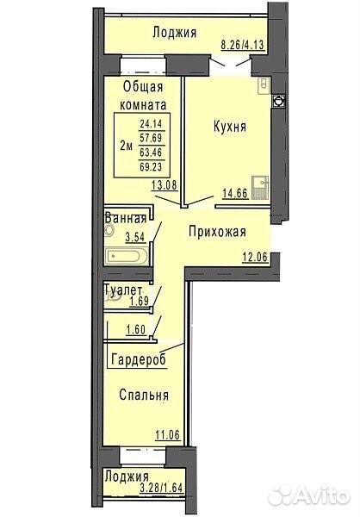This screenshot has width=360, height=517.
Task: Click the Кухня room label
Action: pos(230,127)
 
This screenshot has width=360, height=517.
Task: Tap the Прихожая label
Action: pos(218,232)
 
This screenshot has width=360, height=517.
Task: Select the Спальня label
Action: pos(144,395)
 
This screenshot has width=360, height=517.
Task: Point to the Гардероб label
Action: pos(139,359)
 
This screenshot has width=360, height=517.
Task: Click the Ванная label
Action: pos(125,219)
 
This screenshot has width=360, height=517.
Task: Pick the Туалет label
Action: pos(123,290)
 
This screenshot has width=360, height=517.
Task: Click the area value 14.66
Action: pos(235,193)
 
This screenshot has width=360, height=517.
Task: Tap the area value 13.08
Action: pos(164,185)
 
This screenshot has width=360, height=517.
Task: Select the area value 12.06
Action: pos(255,257)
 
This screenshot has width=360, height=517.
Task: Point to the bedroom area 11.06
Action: pos(167,435)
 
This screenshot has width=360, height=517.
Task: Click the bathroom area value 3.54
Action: pos(135,237)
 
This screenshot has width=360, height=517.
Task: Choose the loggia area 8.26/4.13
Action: pos(243,45)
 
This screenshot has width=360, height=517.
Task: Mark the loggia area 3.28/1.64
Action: pos(161,488)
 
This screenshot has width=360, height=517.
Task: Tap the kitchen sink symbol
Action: pos(260,188)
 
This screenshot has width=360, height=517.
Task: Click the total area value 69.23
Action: pos(151,167)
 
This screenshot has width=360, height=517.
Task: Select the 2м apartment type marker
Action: pos(127,146)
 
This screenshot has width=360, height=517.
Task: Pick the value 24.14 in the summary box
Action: pos(151,124)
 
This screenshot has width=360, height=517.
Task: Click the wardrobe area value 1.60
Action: pos(136,330)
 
